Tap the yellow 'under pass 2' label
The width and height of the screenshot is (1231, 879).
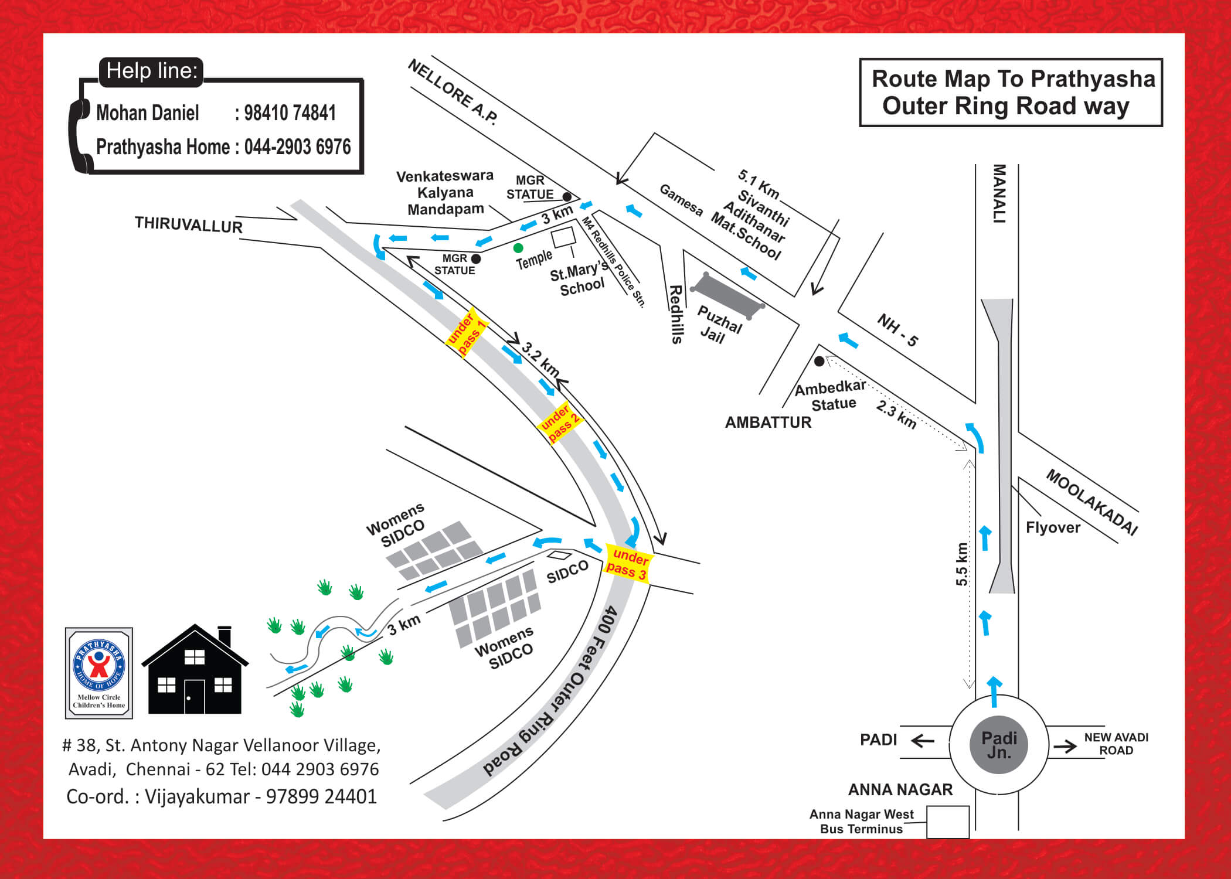pos(559,423)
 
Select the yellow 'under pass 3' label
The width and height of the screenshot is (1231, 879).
pos(628,564)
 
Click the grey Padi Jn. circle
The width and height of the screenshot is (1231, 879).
pos(999,745)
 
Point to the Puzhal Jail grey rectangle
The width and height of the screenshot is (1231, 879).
pos(728,295)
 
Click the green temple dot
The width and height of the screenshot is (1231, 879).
pos(518,248)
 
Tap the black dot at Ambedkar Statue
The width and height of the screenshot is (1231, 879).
pos(819,362)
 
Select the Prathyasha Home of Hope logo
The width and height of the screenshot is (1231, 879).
pos(99,673)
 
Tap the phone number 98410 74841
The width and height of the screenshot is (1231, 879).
pos(290,113)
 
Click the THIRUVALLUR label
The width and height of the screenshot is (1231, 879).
pos(188,224)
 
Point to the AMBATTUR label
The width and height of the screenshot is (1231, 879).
pos(768,422)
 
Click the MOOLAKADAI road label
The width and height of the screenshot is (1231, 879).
pos(1091,502)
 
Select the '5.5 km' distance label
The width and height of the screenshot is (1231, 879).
pos(961,564)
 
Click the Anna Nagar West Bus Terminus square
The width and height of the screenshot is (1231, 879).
pos(947,822)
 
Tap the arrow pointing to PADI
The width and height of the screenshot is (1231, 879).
pos(922,741)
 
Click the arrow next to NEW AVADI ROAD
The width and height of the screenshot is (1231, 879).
pos(1065,746)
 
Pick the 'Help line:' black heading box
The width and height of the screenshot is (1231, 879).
pos(151,71)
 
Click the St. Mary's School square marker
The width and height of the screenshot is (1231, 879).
pos(564,237)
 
